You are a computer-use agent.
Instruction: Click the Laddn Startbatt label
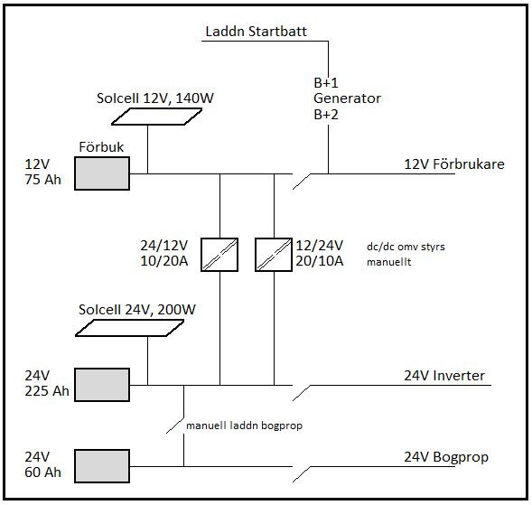257,32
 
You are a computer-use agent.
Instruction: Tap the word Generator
347,98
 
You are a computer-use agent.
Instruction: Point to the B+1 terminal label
326,83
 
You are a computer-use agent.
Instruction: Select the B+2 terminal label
326,115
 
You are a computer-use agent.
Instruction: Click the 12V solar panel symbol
157,117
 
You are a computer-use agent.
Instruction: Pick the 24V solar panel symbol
129,328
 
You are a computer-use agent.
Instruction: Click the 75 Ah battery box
102,173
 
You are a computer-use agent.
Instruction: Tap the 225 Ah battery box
102,385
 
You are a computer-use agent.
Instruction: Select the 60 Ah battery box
102,466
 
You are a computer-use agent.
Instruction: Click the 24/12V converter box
219,255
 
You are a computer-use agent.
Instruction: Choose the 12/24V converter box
274,255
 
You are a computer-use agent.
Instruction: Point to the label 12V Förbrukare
454,164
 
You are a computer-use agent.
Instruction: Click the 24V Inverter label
444,376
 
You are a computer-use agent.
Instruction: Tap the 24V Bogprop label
446,457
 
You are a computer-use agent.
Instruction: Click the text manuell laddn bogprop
244,426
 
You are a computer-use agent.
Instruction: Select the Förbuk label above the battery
101,147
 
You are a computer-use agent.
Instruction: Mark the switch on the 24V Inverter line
302,393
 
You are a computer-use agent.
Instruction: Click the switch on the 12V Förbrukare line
302,182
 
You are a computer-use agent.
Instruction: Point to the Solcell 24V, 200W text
137,310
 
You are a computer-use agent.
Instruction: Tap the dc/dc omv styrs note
406,247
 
